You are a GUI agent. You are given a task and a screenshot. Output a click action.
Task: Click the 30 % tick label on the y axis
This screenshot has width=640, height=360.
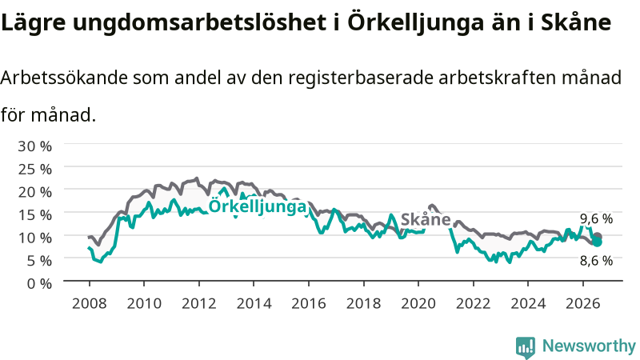point(34,146)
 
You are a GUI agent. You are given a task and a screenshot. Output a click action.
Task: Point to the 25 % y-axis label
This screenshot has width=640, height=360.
point(34,169)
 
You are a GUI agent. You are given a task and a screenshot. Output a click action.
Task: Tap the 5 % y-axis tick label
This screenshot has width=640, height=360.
point(39,261)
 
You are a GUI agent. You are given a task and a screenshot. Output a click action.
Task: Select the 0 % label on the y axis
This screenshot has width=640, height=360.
point(39,283)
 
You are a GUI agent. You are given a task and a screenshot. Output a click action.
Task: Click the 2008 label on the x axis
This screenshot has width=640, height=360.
point(89,304)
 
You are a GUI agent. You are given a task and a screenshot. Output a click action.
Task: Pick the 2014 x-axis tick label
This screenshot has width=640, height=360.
point(254,304)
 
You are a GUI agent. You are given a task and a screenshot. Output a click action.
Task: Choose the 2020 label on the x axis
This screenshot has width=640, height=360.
point(418,304)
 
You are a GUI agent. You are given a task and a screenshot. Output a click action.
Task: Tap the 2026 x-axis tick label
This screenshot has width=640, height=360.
point(583,304)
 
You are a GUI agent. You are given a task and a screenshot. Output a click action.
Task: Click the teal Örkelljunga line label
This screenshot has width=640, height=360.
point(257,206)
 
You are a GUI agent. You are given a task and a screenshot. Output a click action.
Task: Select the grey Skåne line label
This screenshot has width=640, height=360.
point(426,219)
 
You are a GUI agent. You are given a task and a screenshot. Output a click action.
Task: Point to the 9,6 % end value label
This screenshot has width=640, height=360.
point(596,218)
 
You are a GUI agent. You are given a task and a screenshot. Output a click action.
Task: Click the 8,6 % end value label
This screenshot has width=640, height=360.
point(596,261)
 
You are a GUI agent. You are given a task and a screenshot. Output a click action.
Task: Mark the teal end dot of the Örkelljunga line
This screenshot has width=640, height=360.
point(597,242)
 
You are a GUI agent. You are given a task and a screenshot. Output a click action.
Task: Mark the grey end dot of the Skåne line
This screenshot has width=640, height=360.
point(598,236)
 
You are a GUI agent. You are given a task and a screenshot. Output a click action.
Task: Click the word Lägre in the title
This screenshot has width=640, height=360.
point(33,23)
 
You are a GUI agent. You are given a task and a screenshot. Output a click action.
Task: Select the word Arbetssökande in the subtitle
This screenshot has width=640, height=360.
point(65,77)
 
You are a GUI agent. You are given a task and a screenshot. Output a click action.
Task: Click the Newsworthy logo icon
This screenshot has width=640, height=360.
point(526,347)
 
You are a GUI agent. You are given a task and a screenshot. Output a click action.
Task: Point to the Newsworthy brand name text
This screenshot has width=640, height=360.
point(589,346)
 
